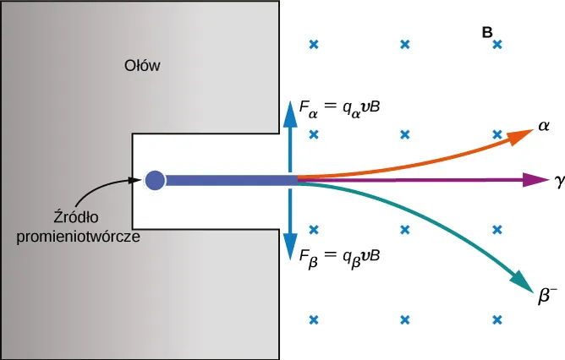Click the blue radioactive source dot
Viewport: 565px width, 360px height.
pyautogui.click(x=155, y=180)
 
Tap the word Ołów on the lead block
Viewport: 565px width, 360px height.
pyautogui.click(x=142, y=66)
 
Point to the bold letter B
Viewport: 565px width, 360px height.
pyautogui.click(x=487, y=32)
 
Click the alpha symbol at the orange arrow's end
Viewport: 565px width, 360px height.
pyautogui.click(x=545, y=126)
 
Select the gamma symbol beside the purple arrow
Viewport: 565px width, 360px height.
pyautogui.click(x=559, y=181)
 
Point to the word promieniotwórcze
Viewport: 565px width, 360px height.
pyautogui.click(x=78, y=237)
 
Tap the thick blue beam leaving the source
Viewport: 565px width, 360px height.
pyautogui.click(x=228, y=180)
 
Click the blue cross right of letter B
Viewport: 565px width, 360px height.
pyautogui.click(x=498, y=45)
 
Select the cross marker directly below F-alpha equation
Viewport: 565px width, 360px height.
pyautogui.click(x=314, y=134)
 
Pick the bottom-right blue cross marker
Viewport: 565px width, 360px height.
pyautogui.click(x=497, y=319)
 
